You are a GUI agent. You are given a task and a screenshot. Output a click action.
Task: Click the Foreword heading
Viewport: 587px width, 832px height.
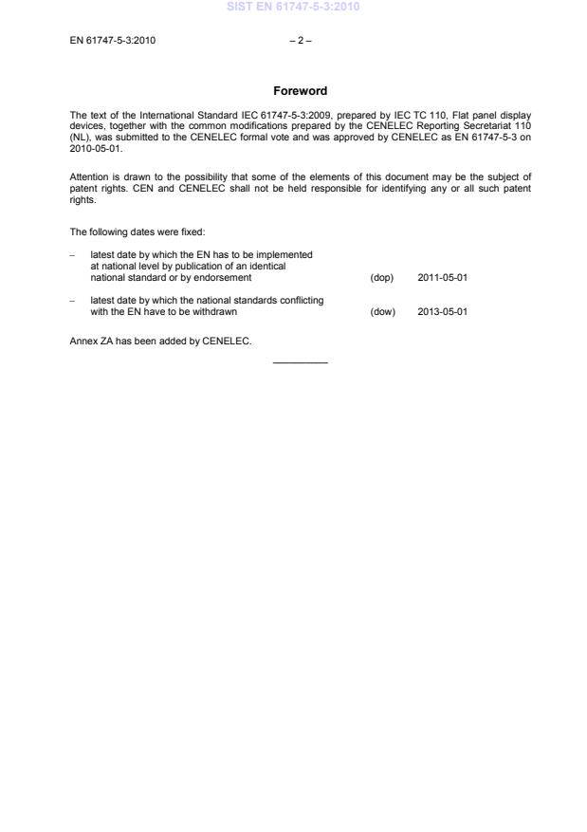(300, 91)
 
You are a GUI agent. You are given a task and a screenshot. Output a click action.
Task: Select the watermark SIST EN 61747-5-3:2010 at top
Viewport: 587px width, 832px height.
(293, 8)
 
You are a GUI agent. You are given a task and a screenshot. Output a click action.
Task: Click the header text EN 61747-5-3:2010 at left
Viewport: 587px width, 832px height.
(113, 40)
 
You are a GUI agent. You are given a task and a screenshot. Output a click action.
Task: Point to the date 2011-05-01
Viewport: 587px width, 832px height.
(442, 278)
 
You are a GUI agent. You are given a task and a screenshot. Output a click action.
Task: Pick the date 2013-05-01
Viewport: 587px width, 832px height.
(442, 311)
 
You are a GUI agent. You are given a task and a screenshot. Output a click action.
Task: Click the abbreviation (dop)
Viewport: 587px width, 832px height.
(381, 278)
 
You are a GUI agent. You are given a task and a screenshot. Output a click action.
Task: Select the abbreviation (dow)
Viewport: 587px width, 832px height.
(382, 311)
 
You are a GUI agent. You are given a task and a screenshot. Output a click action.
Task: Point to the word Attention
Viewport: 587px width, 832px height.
(91, 176)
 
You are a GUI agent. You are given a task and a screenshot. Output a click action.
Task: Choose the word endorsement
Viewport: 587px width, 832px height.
(223, 278)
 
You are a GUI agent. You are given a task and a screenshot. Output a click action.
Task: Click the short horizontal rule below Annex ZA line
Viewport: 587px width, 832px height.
(300, 362)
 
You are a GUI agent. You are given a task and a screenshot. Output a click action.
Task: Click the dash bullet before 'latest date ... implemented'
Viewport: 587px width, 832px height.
(73, 255)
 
